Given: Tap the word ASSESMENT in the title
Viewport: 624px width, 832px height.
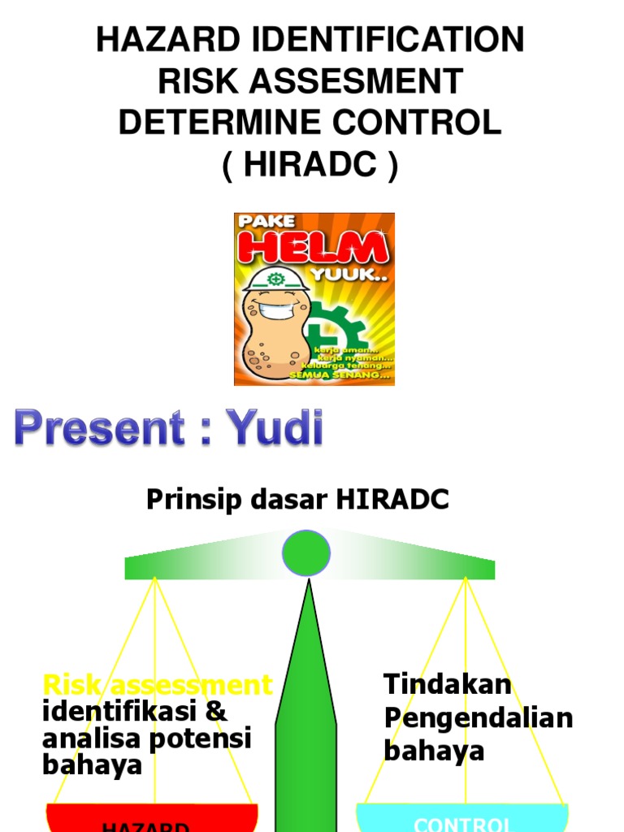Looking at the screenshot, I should click(365, 81).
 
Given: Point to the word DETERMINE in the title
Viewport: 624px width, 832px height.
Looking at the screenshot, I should click(211, 123).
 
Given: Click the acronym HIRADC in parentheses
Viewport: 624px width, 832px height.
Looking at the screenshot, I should click(310, 165).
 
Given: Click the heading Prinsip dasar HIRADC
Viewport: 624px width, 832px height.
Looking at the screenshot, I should click(297, 500).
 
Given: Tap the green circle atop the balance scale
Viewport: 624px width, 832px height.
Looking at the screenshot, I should click(306, 553).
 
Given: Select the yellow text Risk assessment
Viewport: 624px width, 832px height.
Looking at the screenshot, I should click(158, 685).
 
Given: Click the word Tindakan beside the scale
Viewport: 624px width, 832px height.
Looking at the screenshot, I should click(448, 684).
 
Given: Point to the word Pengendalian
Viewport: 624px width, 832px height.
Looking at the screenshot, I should click(479, 718).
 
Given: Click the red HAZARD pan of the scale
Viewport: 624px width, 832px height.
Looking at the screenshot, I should click(152, 819).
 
